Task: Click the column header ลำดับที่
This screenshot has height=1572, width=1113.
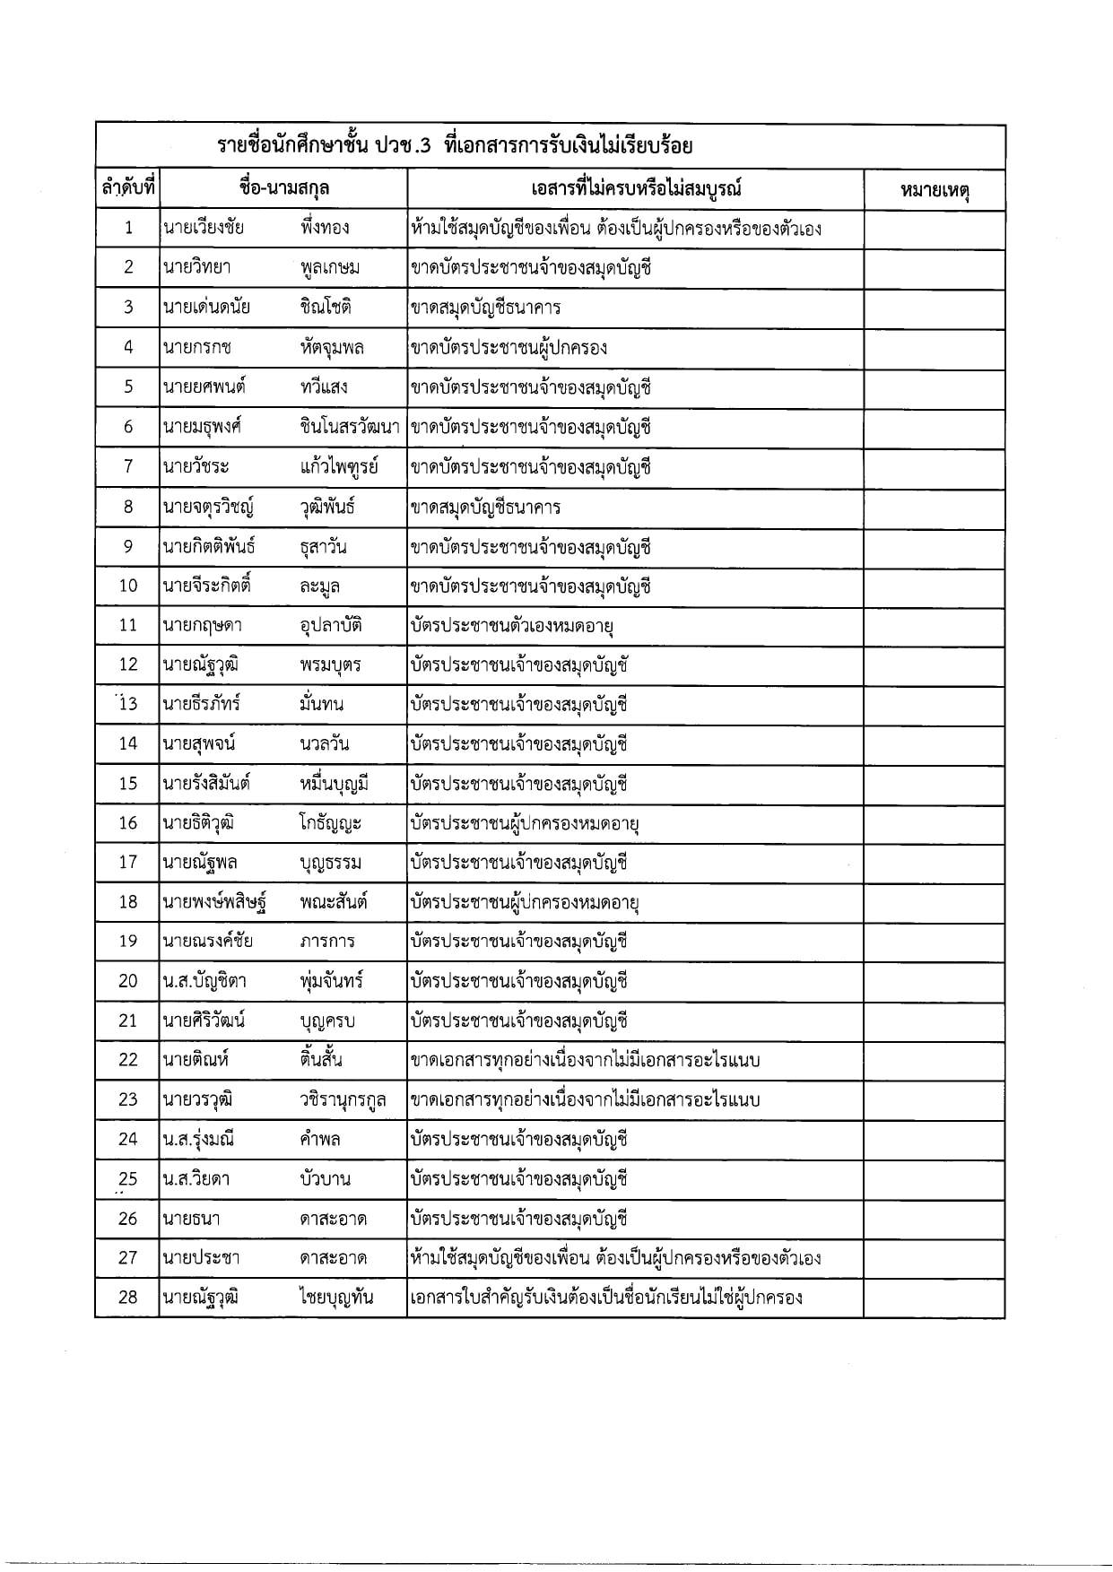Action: [127, 189]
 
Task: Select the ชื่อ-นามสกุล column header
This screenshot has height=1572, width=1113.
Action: [283, 188]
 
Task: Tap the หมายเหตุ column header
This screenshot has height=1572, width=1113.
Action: [935, 190]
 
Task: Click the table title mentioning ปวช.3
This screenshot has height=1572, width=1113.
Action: [456, 146]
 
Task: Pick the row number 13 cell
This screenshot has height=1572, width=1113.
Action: [128, 704]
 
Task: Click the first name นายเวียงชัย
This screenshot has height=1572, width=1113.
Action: [203, 228]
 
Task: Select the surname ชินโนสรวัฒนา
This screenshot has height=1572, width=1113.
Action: [350, 427]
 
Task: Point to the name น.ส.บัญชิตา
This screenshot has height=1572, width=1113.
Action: [204, 981]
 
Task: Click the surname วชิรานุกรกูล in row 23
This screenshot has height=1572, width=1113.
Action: [343, 1099]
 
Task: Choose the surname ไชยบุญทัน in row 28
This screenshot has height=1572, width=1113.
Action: [336, 1298]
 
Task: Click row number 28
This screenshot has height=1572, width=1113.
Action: [128, 1298]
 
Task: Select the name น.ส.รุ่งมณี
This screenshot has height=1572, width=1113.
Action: [199, 1140]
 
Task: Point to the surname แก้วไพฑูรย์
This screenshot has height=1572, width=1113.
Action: [339, 466]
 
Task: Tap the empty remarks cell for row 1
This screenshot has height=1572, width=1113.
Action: [934, 229]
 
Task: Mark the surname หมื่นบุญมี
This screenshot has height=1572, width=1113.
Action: [335, 784]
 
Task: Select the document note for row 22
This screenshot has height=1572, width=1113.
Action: [585, 1060]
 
